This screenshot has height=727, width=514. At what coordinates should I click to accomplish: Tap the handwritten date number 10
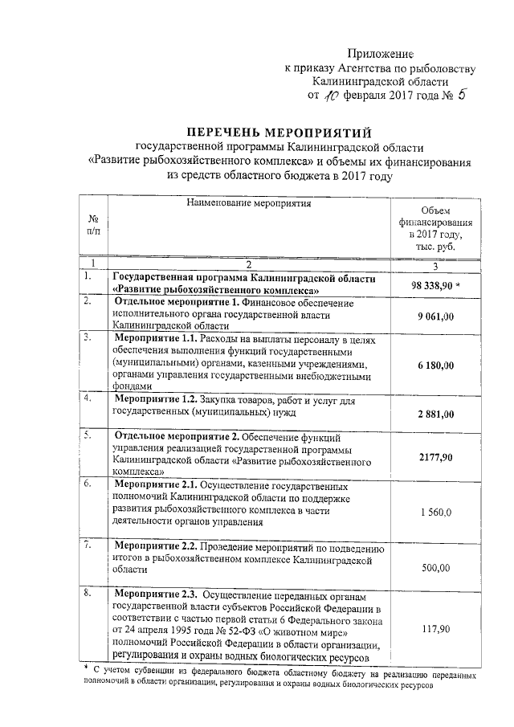tap(331, 96)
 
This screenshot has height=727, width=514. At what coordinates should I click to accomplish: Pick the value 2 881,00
tap(435, 414)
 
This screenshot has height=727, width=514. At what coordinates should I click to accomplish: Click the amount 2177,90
tap(435, 456)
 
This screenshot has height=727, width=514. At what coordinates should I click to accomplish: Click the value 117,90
tap(435, 631)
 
